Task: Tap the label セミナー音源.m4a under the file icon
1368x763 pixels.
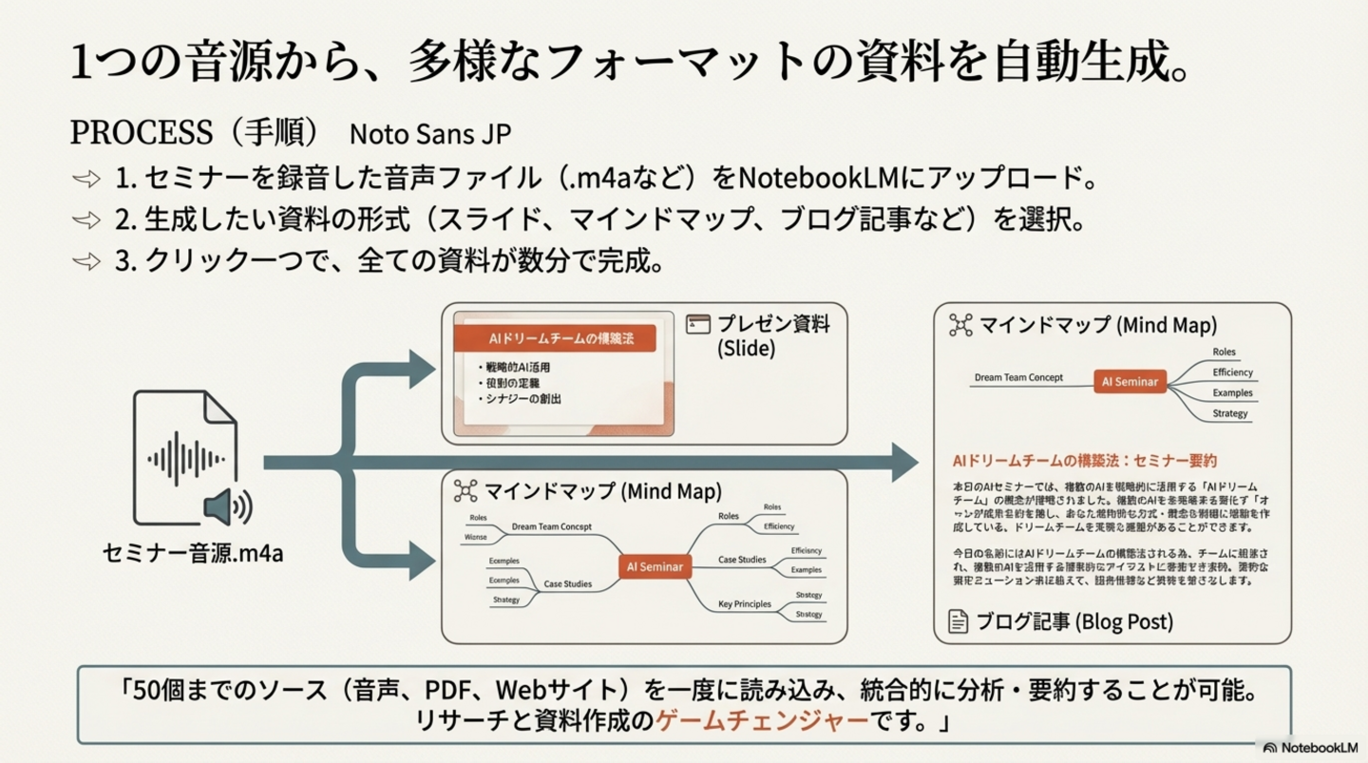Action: coord(193,553)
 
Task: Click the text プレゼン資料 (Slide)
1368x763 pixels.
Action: coord(772,335)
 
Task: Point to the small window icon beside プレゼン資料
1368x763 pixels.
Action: coord(698,324)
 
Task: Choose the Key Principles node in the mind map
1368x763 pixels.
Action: coord(745,603)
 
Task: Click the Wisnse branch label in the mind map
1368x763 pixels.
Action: coord(475,537)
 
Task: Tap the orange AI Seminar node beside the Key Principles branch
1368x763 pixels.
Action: coord(655,566)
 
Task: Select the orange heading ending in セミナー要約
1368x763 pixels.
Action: coord(1084,461)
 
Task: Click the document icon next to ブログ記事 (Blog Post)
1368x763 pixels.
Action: coord(959,621)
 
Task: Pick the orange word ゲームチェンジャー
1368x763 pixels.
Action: coord(762,720)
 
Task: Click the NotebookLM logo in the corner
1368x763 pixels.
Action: coord(1310,748)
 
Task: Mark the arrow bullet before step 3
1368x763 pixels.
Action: coord(86,261)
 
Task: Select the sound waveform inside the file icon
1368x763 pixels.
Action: coord(184,460)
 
